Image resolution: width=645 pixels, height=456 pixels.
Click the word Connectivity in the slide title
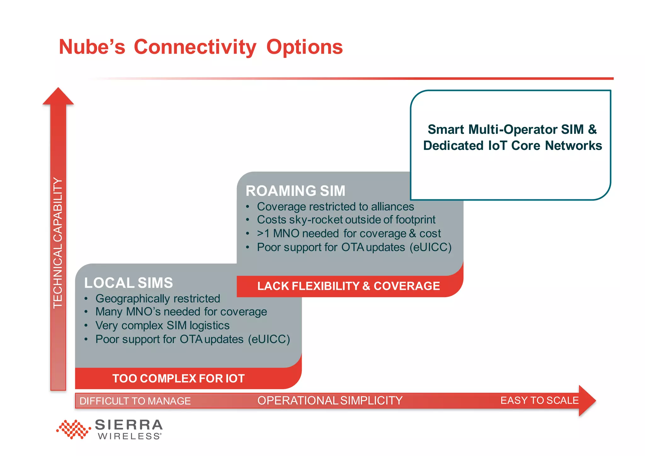[x=195, y=47]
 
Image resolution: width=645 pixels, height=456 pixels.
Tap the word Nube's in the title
[x=92, y=47]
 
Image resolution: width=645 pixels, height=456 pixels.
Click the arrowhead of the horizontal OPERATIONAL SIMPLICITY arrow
[x=587, y=401]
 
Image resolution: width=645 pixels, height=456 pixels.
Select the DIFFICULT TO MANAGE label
[x=135, y=401]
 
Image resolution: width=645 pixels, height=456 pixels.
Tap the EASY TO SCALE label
[x=539, y=400]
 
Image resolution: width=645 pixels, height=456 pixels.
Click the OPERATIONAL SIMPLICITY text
[x=330, y=401]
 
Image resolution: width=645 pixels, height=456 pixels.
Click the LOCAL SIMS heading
[x=128, y=283]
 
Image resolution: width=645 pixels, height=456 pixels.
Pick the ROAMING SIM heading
[x=295, y=191]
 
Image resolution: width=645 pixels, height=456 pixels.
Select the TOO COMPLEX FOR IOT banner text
[x=178, y=378]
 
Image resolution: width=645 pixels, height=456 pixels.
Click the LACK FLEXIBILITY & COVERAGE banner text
[x=348, y=286]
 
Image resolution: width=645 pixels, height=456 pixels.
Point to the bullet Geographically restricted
[x=158, y=299]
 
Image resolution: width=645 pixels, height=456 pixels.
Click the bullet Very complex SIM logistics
[x=163, y=325]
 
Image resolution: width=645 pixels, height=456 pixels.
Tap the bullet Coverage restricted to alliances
[x=335, y=207]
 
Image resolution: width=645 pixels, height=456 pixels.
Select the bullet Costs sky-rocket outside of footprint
[x=346, y=219]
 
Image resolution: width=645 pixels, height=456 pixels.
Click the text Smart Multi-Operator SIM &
[x=512, y=129]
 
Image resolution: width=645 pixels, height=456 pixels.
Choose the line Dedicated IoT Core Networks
[x=512, y=145]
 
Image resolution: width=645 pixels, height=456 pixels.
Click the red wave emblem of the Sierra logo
[x=73, y=429]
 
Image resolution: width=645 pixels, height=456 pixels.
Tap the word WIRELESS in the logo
[x=129, y=436]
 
